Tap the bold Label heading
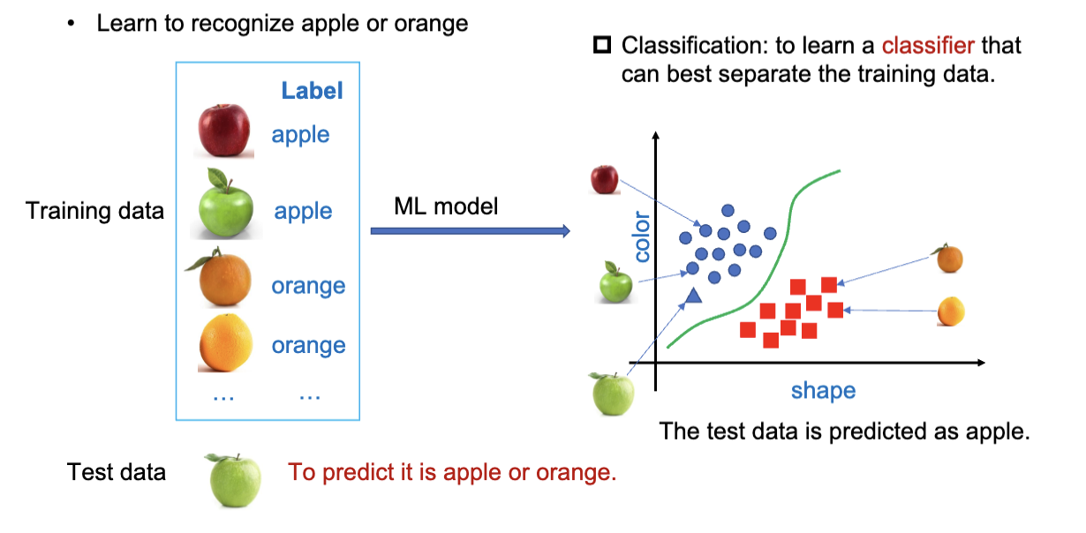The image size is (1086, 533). point(312,90)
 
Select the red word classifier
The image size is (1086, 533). point(928,44)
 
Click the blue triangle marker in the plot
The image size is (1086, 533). point(692,296)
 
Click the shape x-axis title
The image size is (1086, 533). point(823,390)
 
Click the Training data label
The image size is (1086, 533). point(94,211)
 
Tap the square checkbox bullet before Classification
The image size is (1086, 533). point(603,44)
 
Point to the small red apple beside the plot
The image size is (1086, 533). point(604,178)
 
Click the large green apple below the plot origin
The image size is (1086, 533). point(612,393)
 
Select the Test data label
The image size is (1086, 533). point(117,472)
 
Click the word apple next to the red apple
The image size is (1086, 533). point(300,135)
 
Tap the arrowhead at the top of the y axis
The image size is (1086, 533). point(655,138)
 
